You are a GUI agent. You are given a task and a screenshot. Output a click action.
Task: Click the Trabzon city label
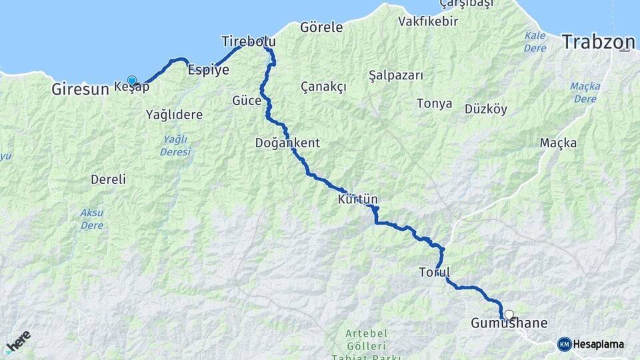[598, 43]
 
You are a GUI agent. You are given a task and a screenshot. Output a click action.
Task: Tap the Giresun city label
[79, 88]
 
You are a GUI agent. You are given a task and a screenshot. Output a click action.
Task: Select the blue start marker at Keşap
[132, 81]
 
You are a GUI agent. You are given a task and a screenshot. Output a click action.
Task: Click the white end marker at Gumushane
[509, 315]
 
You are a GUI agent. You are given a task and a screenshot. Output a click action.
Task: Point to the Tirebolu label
[248, 42]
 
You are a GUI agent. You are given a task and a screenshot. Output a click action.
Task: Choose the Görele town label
[321, 27]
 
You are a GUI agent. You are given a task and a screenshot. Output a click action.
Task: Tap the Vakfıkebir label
[428, 21]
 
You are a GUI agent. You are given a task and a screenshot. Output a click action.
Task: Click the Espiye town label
[209, 69]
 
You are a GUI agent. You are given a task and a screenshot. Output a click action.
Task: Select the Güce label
[245, 101]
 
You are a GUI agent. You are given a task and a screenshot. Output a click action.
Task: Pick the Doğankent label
[287, 143]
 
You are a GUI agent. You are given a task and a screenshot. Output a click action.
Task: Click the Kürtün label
[358, 199]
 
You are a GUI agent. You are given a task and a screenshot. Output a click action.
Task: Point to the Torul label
[435, 272]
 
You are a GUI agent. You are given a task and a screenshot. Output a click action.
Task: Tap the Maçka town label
[558, 143]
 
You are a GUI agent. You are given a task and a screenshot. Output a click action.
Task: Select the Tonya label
[434, 103]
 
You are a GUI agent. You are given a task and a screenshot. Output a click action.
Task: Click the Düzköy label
[486, 109]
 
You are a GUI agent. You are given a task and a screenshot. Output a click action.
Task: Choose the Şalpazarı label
[396, 75]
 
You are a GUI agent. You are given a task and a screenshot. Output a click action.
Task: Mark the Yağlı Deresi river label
[175, 145]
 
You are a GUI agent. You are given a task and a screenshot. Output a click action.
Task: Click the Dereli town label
[108, 179]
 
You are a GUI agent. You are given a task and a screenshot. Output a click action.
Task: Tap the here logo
[18, 342]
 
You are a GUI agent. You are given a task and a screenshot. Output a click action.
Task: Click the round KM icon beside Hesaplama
[564, 344]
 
